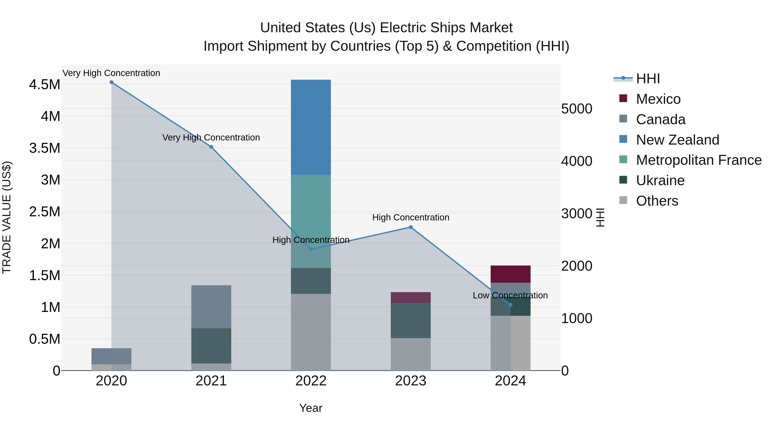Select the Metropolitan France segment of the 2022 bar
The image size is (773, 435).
coord(311,221)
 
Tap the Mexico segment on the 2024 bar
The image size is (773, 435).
coord(510,274)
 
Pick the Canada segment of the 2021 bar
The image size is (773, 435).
coord(211,307)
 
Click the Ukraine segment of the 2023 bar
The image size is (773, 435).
coord(411,321)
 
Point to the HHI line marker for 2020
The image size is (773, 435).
coord(111,82)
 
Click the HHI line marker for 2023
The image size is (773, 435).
coord(411,227)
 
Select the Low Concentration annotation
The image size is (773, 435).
coord(510,295)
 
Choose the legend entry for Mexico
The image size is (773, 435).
coord(658,99)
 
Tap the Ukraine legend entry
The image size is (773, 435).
coord(660,180)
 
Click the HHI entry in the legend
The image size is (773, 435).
coord(648,79)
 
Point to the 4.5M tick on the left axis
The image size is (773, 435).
coord(44,85)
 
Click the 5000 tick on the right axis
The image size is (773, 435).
coord(577,109)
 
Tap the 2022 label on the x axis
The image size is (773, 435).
coord(311,381)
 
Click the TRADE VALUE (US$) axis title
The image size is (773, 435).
coord(7,217)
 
